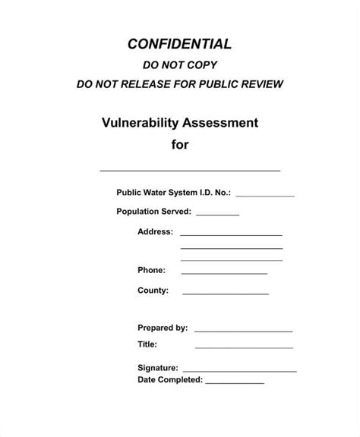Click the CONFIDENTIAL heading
180,43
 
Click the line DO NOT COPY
180,66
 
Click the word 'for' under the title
180,144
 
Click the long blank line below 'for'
190,170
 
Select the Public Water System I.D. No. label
173,193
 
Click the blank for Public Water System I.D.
265,196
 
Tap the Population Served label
153,212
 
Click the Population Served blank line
218,215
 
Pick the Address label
155,231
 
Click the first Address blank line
231,234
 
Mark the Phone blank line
224,272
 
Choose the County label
153,291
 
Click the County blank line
226,294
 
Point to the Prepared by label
163,328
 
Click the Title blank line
243,348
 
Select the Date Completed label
169,379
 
